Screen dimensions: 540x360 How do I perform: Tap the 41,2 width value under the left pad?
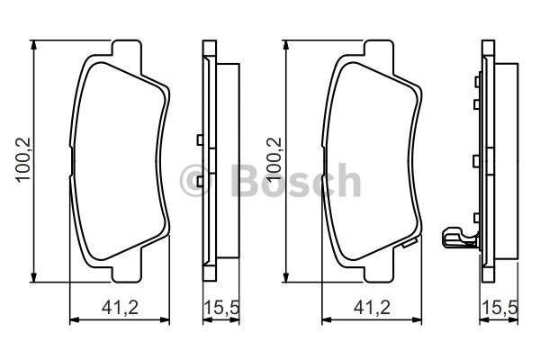pyautogui.click(x=120, y=307)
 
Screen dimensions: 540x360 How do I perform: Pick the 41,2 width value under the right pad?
pyautogui.click(x=372, y=307)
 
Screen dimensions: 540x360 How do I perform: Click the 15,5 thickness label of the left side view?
pyautogui.click(x=221, y=307)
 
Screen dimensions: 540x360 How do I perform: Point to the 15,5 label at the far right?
pyautogui.click(x=500, y=307)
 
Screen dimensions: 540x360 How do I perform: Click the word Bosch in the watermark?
pyautogui.click(x=296, y=181)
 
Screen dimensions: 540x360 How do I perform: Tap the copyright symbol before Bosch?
pyautogui.click(x=195, y=181)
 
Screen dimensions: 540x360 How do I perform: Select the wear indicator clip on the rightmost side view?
pyautogui.click(x=460, y=237)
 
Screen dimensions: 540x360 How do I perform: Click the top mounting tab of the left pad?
pyautogui.click(x=126, y=49)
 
